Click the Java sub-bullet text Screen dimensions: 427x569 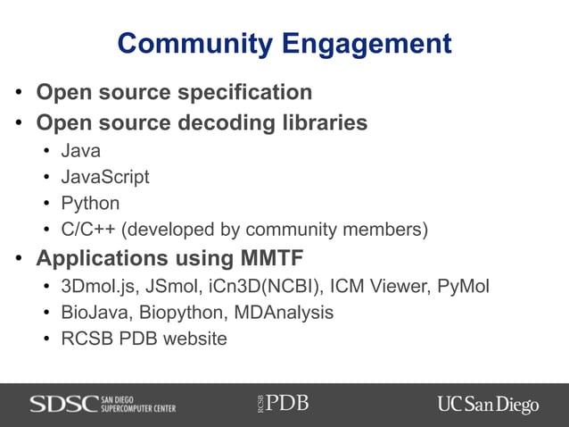(x=80, y=151)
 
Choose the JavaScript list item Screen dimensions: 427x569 (x=104, y=177)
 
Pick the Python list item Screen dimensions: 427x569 (x=90, y=203)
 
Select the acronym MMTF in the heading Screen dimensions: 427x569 (x=271, y=259)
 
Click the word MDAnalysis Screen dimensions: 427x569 (x=287, y=313)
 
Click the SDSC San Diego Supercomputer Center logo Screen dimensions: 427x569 (x=103, y=404)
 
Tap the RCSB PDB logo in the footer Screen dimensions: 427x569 (x=282, y=403)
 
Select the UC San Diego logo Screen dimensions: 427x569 (x=488, y=404)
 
